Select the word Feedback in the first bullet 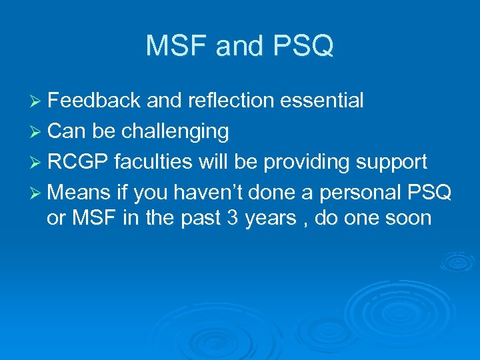(x=94, y=101)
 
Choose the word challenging (x=175, y=132)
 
